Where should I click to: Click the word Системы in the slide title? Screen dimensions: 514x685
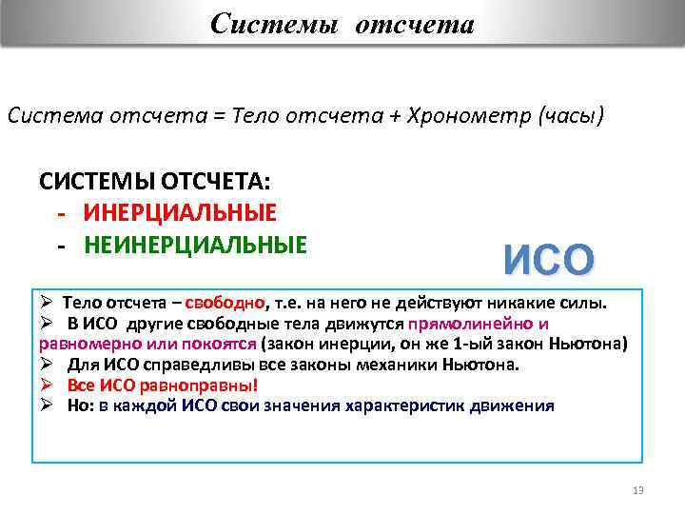pos(274,23)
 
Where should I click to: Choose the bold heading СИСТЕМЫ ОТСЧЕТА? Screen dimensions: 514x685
pos(155,181)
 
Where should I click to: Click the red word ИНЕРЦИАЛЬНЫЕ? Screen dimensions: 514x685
pos(180,212)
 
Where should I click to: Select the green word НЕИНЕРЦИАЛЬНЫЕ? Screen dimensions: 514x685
pos(195,245)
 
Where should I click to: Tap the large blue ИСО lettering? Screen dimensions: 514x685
pos(549,260)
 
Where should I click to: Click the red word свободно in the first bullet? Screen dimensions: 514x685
pos(225,304)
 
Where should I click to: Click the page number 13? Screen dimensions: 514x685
pos(637,490)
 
